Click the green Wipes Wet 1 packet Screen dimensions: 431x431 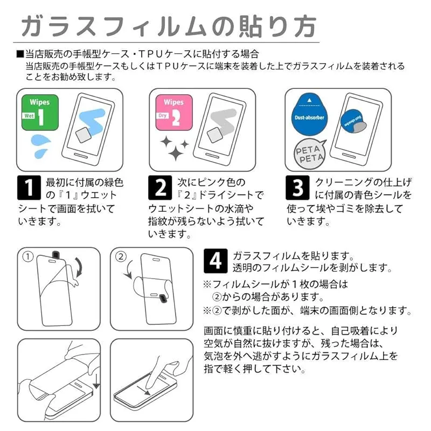click(x=40, y=113)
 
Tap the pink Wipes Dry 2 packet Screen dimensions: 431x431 click(x=174, y=113)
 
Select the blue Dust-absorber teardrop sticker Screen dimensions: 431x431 click(x=309, y=114)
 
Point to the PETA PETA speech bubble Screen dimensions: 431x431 click(x=310, y=154)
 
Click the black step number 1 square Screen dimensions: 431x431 click(x=29, y=187)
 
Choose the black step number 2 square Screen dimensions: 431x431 click(x=160, y=187)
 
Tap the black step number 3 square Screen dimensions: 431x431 click(x=297, y=187)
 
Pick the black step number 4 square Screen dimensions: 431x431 click(x=215, y=261)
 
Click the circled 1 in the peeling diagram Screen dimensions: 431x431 click(x=28, y=257)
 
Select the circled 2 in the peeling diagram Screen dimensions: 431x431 click(x=121, y=257)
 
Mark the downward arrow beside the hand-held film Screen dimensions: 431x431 click(x=96, y=381)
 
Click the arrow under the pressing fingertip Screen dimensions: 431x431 click(x=143, y=390)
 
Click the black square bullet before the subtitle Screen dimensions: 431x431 click(x=20, y=54)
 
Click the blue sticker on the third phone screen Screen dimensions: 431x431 click(x=352, y=121)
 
